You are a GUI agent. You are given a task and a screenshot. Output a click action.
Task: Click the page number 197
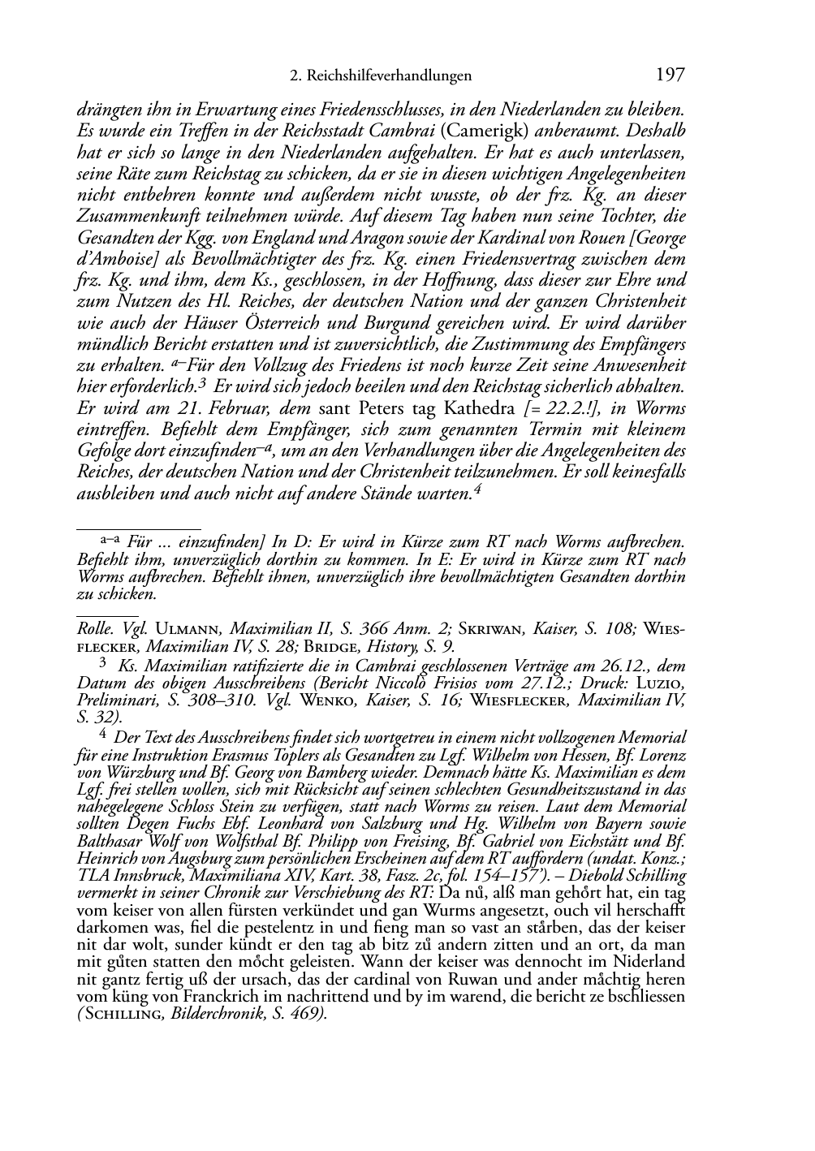670,75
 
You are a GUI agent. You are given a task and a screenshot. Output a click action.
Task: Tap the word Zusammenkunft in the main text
133,216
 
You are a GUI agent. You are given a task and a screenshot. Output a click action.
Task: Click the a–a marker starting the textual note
110,537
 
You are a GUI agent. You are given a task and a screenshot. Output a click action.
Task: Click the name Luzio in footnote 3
665,683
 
